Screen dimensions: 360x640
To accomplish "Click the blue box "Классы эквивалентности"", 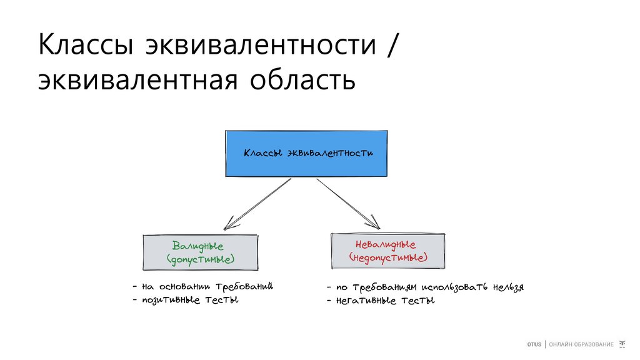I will coord(306,153).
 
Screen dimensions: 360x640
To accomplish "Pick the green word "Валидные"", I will coord(198,246).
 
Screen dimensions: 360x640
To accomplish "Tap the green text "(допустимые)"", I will coord(200,259).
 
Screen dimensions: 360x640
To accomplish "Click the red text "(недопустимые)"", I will coord(388,257).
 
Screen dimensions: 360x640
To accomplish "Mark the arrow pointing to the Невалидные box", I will coord(347,203).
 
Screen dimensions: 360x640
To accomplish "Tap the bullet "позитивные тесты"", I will coord(190,300).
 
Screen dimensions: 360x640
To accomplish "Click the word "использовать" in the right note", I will coord(451,287).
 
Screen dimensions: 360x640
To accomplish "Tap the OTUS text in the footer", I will coord(534,345).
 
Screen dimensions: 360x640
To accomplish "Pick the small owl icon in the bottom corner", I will coord(622,344).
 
